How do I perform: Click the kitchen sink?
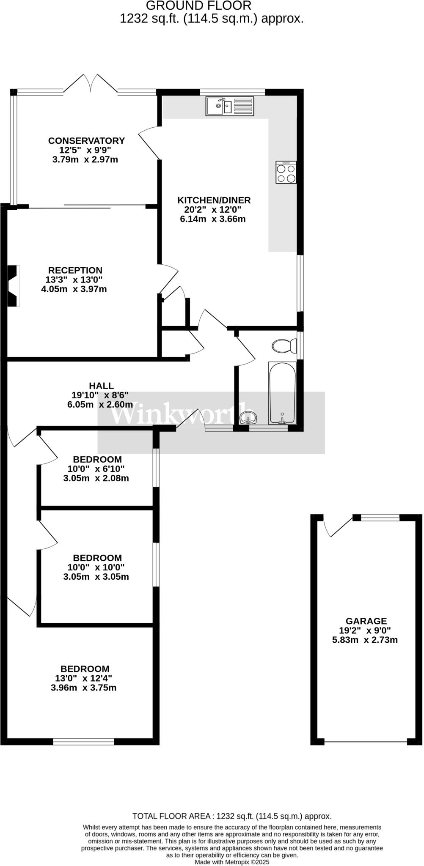(x=230, y=106)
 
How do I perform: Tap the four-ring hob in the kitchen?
(x=286, y=173)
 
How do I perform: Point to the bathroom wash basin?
(x=248, y=418)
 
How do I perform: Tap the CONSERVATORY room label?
(x=86, y=141)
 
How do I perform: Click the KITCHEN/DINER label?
(x=214, y=200)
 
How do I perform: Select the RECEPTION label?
(x=75, y=270)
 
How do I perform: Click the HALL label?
(x=101, y=386)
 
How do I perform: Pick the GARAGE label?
(x=366, y=621)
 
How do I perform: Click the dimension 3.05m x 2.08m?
(x=96, y=479)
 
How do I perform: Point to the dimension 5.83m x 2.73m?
(x=365, y=640)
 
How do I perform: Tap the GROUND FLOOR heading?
(x=198, y=6)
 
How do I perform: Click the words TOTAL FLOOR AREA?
(x=172, y=816)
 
